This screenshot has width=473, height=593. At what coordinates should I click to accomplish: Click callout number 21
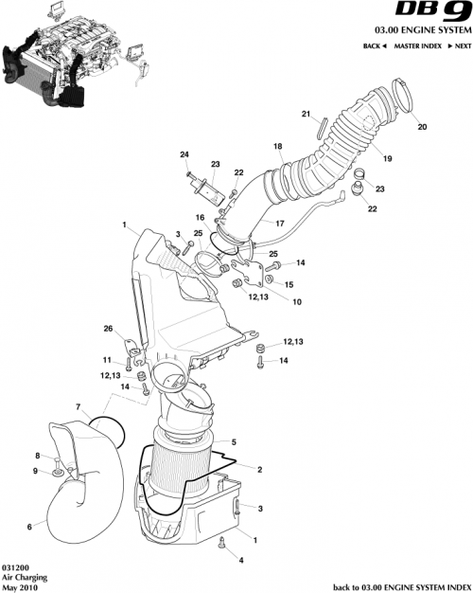[306, 115]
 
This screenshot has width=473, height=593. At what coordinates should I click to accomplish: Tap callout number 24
[184, 154]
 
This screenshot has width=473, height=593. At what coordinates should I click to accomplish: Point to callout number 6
[29, 527]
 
